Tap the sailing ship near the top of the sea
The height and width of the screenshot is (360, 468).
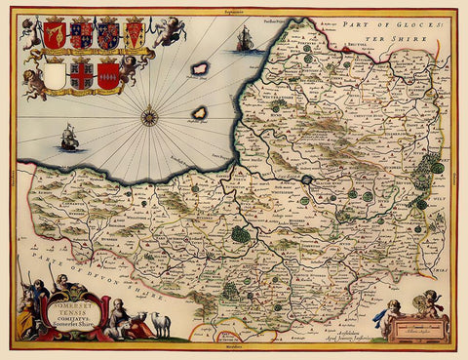tap(245, 39)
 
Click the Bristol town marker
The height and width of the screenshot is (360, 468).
tap(359, 48)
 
